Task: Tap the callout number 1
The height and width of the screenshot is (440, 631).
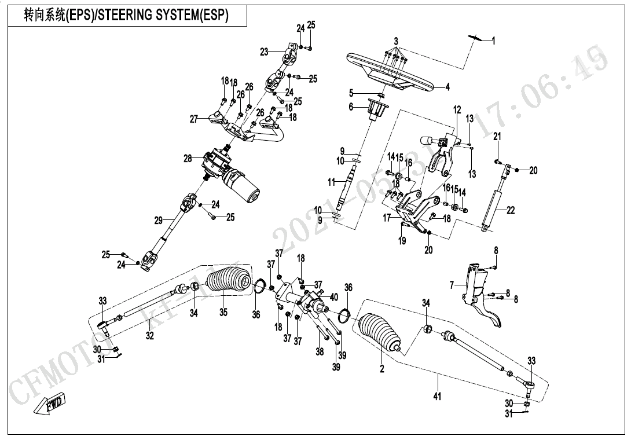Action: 493,41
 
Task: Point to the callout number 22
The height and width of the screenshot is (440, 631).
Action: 511,211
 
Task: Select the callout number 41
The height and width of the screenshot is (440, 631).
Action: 437,397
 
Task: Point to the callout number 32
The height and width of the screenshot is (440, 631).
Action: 149,336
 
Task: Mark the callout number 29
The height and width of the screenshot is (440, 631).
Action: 159,220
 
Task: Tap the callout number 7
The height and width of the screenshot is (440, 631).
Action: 452,285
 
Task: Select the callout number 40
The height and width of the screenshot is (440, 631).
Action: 334,297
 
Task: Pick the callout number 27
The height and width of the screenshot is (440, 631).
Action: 194,119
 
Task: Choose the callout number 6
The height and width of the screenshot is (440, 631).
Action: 351,107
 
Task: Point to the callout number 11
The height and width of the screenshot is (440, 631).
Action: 331,182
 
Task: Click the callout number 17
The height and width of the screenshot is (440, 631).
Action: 387,218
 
